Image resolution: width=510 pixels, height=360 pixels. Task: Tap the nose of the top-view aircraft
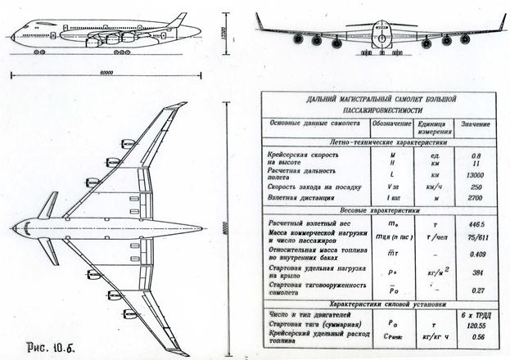[x=16, y=226]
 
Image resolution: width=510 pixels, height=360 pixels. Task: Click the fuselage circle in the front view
[x=380, y=30]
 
